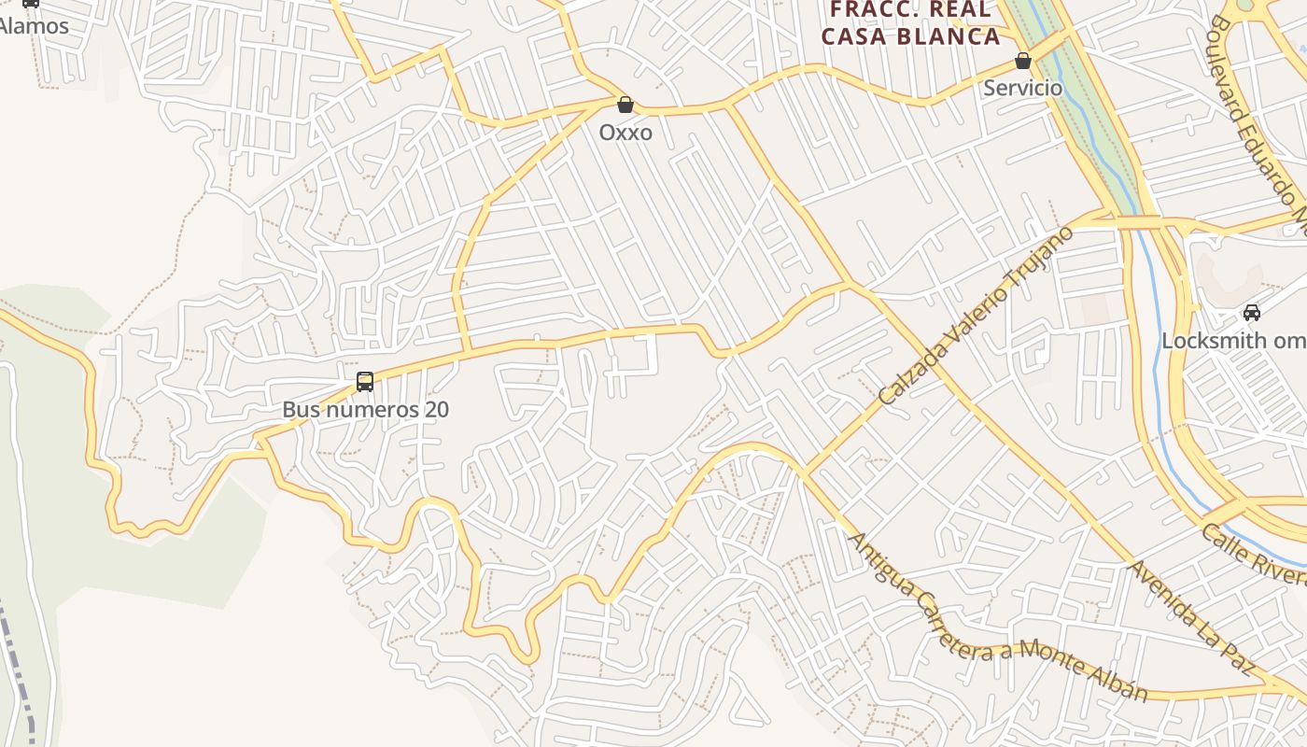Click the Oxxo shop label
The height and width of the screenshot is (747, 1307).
[x=625, y=133]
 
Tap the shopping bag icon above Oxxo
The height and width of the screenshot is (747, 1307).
[x=625, y=105]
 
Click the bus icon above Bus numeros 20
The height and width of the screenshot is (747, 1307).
[x=365, y=381]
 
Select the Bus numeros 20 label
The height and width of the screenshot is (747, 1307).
[x=366, y=410]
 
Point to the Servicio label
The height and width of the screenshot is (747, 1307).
[x=1023, y=88]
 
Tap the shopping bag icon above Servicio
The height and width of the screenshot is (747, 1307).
[x=1023, y=61]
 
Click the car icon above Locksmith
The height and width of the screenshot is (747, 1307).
[x=1252, y=313]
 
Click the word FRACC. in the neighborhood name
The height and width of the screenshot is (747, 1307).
[x=871, y=9]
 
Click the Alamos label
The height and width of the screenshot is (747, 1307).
[x=34, y=26]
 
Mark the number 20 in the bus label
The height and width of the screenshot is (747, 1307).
[x=436, y=410]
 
